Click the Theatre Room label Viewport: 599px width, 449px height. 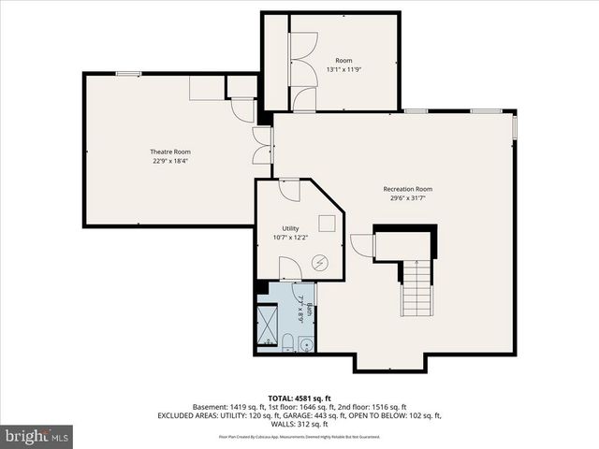pyautogui.click(x=170, y=152)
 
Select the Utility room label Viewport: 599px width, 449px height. pyautogui.click(x=291, y=228)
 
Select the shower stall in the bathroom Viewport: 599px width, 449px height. pyautogui.click(x=267, y=326)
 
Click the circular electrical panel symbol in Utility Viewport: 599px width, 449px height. pyautogui.click(x=320, y=264)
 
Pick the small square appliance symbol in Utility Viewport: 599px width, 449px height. pyautogui.click(x=327, y=222)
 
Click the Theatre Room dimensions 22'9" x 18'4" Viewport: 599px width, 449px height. pyautogui.click(x=170, y=161)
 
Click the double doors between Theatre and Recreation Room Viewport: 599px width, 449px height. pyautogui.click(x=262, y=147)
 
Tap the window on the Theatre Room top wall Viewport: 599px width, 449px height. pyautogui.click(x=128, y=73)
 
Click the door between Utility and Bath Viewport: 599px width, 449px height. pyautogui.click(x=290, y=270)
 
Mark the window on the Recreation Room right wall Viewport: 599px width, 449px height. pyautogui.click(x=515, y=126)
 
